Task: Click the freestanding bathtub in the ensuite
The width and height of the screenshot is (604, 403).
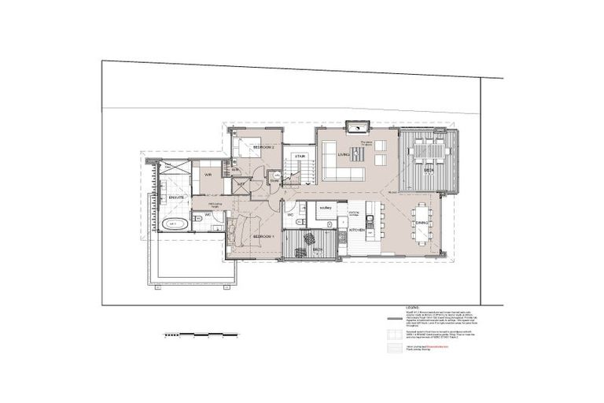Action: tap(174, 224)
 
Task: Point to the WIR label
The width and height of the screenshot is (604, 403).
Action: tap(208, 175)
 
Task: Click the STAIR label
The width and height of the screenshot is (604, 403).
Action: tap(300, 157)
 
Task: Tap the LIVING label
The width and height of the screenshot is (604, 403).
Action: tap(343, 155)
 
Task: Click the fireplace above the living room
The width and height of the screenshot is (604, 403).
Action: tap(358, 127)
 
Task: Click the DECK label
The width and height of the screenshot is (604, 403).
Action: tap(428, 169)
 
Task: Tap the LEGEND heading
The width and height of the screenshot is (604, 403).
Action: tap(414, 308)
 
